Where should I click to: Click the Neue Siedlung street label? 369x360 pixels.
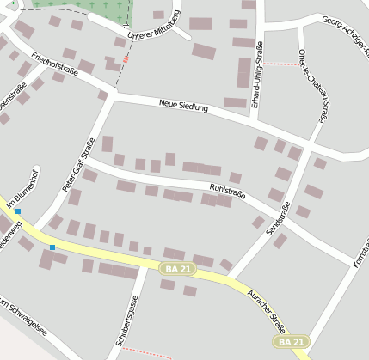click(x=184, y=107)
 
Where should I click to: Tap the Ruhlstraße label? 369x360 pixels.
click(x=227, y=191)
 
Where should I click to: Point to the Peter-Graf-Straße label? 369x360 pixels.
click(x=77, y=165)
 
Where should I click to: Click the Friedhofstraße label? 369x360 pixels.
click(x=54, y=65)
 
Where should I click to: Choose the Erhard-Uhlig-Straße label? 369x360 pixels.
click(x=259, y=77)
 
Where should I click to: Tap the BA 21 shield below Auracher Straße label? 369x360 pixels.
click(x=290, y=342)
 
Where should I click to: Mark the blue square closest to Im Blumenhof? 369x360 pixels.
click(x=17, y=211)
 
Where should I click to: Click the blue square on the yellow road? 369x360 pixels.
click(x=52, y=247)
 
